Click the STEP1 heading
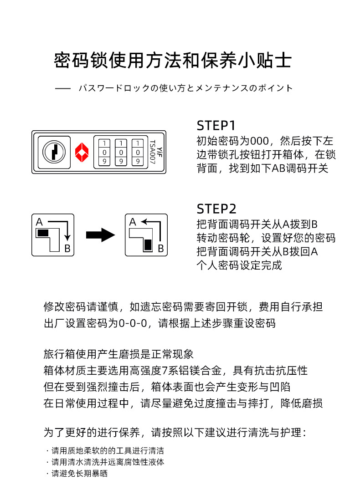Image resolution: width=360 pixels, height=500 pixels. [216, 126]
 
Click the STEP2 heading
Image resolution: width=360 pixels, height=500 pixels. [217, 209]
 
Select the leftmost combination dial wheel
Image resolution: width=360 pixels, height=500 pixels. [105, 152]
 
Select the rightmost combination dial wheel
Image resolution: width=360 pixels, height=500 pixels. [137, 152]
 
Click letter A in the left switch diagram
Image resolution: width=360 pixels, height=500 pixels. [39, 222]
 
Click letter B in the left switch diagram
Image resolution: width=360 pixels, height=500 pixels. [67, 248]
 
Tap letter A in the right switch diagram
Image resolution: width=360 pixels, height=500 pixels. [133, 222]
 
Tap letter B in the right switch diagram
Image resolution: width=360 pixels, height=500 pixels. [160, 248]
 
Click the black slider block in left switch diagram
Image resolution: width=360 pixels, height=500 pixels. [43, 233]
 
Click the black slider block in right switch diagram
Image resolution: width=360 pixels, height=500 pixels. [148, 245]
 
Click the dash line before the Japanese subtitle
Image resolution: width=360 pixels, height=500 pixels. [63, 88]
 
